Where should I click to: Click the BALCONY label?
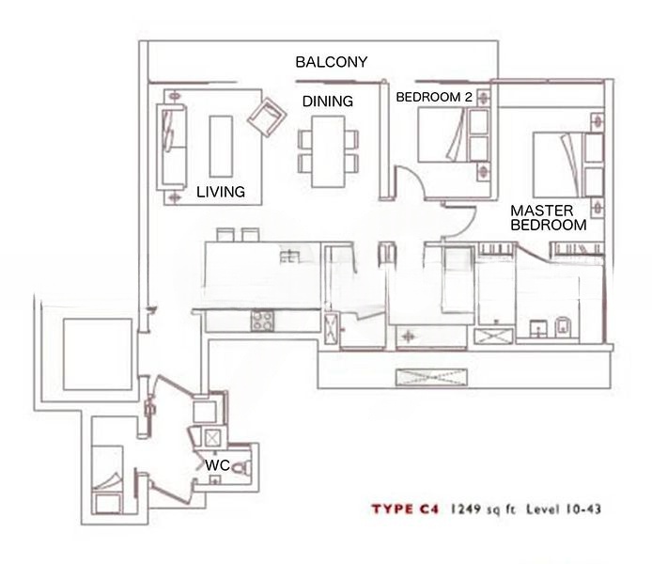point(332,62)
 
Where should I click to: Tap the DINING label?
point(328,102)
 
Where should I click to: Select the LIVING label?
point(221,192)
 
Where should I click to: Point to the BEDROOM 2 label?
point(434,98)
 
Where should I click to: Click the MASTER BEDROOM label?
point(549,218)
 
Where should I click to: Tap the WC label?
point(217,465)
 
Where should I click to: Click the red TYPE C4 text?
point(405,509)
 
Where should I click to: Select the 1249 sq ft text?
point(484,509)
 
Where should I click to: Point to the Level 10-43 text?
point(564,509)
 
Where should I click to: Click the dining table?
point(328,151)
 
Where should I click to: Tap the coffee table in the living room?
point(221,147)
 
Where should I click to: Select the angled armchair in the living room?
point(267,117)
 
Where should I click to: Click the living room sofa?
point(171,148)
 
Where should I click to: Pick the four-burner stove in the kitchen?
point(262,321)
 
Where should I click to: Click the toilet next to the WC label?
point(241,468)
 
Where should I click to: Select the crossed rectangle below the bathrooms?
point(431,377)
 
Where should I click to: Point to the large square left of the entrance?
point(98,354)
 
